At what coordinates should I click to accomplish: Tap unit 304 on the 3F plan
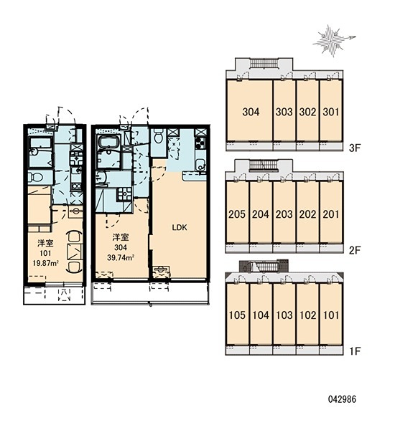coord(251,112)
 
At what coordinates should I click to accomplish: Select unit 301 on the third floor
coord(331,112)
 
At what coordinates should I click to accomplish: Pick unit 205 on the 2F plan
coord(237,214)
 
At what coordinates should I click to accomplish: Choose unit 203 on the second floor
coord(284,214)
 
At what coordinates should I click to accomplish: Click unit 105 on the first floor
coord(237,315)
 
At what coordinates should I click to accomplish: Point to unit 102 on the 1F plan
coord(307,315)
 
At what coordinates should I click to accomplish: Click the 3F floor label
coord(354,148)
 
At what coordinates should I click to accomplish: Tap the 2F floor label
coord(354,250)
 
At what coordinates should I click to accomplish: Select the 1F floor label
coord(354,351)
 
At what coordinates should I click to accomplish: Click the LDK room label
coord(180,227)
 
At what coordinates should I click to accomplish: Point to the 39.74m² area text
coord(121,258)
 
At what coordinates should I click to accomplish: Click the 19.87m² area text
coord(46,264)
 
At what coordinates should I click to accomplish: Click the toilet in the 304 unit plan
coord(158,137)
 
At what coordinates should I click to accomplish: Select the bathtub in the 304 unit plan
coord(108,143)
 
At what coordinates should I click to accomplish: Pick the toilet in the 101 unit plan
coord(35,177)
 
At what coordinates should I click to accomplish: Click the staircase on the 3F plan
coord(264,64)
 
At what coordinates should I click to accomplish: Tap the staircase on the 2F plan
coord(264,166)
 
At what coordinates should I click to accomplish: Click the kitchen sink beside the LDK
coord(200,165)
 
